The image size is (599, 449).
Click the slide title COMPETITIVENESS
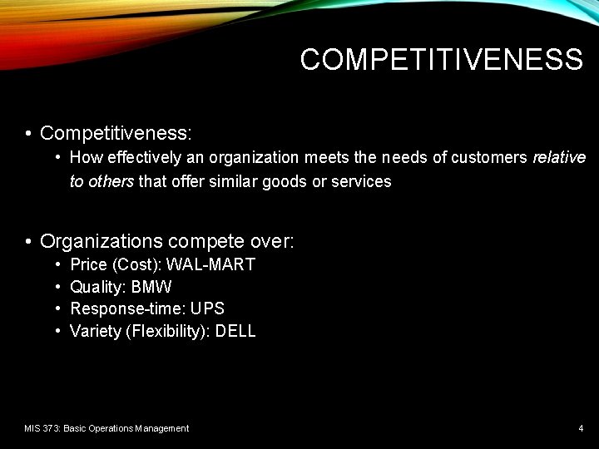coord(441,60)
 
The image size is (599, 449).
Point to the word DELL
coord(235,332)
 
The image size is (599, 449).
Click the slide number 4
coord(581,428)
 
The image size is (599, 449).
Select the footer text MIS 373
coord(42,428)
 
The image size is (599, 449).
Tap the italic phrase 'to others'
coord(101,181)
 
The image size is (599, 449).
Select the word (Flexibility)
coord(166,332)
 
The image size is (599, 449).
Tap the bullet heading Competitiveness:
coord(116,133)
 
